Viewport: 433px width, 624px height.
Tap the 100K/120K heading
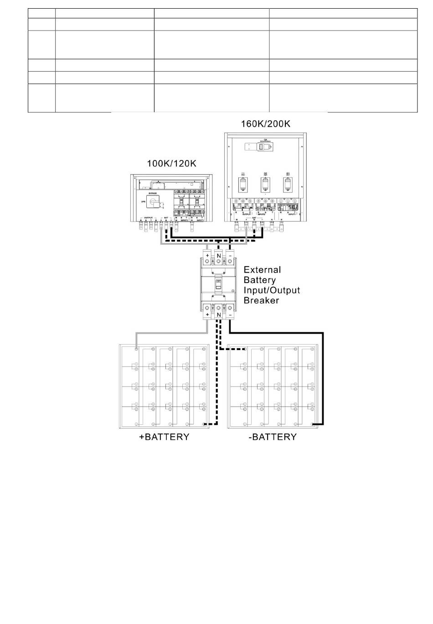[x=171, y=163]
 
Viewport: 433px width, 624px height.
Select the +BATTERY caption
[x=164, y=437]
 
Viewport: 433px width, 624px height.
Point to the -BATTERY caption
[x=273, y=437]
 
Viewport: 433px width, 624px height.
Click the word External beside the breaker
[x=262, y=270]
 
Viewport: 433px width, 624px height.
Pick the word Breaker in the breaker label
[x=261, y=300]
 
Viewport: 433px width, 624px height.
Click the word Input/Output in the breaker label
[x=272, y=290]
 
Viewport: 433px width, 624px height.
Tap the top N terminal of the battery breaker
[x=219, y=256]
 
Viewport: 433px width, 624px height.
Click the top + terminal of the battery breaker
[x=207, y=256]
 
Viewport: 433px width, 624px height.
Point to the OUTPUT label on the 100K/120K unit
[x=148, y=218]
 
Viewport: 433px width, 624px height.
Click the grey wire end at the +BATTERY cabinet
[x=136, y=349]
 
